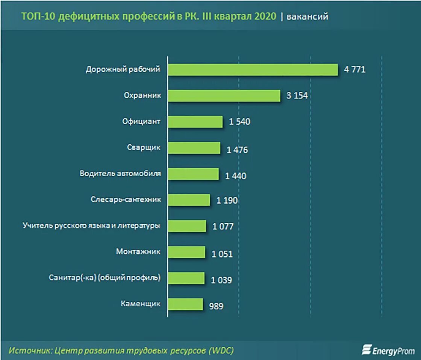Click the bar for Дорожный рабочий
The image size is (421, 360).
tap(253, 70)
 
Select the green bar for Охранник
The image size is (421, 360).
tap(224, 95)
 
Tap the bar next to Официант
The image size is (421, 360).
tap(195, 121)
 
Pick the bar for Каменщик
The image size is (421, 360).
tap(185, 304)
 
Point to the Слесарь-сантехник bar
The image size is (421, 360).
tap(189, 200)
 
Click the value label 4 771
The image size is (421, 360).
tap(354, 70)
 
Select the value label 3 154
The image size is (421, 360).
tap(297, 95)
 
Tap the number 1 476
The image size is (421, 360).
tap(237, 150)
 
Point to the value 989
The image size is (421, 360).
tap(216, 306)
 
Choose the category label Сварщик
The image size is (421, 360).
tap(144, 147)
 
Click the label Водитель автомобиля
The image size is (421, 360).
tap(120, 174)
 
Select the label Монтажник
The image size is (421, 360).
tap(138, 252)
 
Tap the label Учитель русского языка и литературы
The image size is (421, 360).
tap(91, 226)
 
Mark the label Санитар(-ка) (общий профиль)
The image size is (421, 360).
tap(105, 278)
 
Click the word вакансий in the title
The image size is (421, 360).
tap(307, 17)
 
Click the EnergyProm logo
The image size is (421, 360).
tap(388, 350)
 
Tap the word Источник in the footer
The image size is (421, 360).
tap(29, 350)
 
